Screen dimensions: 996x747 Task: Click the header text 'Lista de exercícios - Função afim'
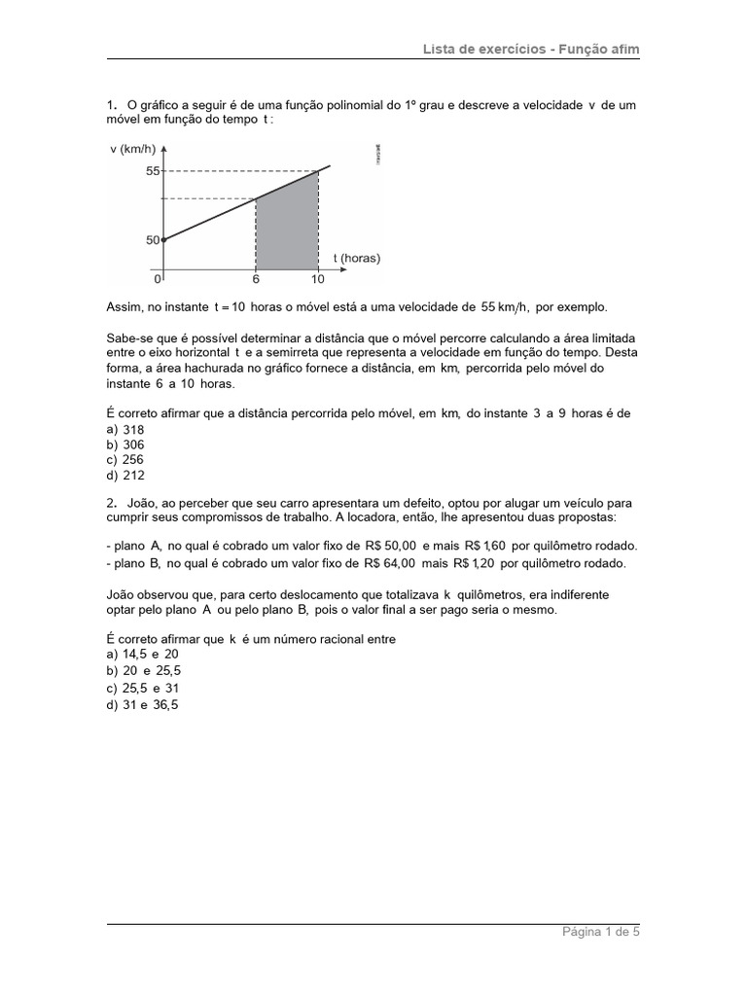[x=531, y=49]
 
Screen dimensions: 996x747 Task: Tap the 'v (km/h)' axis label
[x=133, y=149]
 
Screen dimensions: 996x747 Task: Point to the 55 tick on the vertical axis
[x=153, y=171]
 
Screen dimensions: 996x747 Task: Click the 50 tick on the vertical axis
[x=153, y=239]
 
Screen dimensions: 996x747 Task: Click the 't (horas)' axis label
[x=356, y=258]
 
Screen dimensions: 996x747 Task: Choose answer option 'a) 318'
[x=125, y=428]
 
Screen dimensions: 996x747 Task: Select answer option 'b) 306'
[x=125, y=445]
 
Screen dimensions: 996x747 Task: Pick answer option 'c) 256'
[x=125, y=460]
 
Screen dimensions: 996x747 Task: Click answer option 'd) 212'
[x=125, y=476]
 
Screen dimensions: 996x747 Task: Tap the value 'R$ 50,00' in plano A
[x=392, y=547]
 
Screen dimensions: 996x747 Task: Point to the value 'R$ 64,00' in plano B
[x=391, y=563]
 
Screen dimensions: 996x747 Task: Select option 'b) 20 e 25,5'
[x=144, y=671]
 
